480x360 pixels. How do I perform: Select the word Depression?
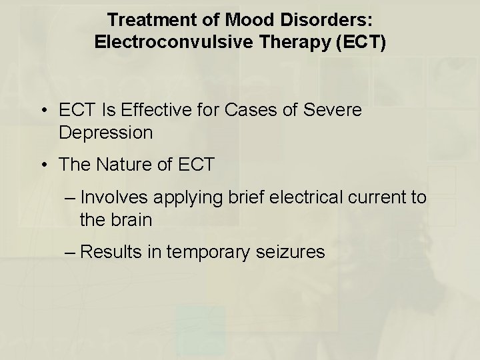click(105, 132)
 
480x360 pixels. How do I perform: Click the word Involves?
click(124, 197)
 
